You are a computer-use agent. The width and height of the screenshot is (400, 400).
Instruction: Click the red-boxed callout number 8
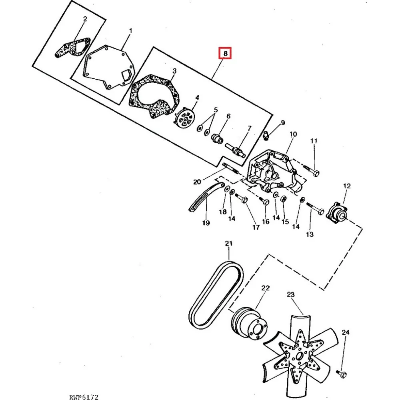(225, 54)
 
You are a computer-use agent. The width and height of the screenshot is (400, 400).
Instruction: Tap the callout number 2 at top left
(85, 19)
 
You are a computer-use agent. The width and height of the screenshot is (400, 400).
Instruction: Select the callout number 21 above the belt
(229, 243)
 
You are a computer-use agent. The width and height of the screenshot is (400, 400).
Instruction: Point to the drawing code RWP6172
(84, 397)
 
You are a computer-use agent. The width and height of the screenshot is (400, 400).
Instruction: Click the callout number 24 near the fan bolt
(346, 332)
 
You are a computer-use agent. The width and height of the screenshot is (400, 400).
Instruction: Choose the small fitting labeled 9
(266, 135)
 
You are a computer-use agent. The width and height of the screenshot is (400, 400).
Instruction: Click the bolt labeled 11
(312, 171)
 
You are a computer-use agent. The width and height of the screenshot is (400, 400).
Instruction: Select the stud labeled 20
(231, 168)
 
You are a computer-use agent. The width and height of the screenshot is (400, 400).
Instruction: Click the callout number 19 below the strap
(206, 223)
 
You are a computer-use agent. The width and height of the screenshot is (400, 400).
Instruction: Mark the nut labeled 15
(283, 198)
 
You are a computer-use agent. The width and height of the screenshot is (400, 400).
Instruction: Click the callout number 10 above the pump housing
(293, 134)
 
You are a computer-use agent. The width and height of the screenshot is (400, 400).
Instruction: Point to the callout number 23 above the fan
(290, 295)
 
